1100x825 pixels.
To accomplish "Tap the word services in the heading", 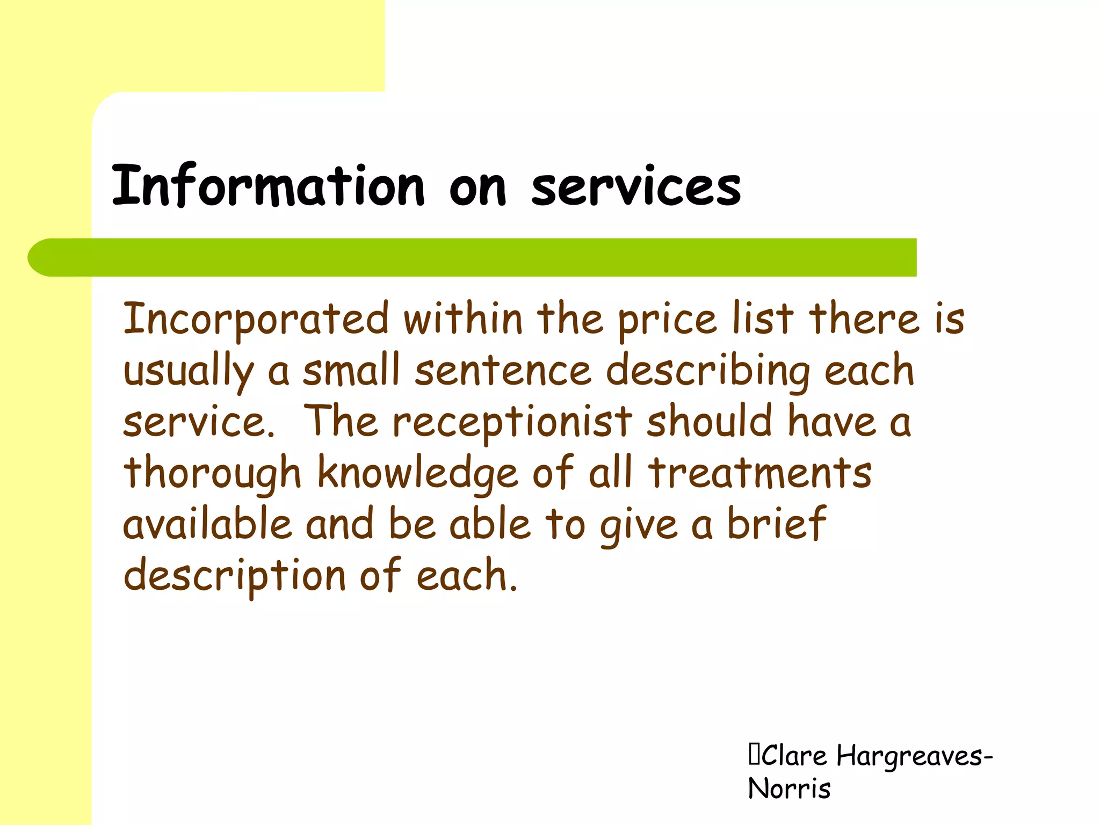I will (x=636, y=186).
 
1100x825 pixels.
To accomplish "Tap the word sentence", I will (x=503, y=371).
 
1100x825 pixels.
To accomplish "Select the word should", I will (x=709, y=421).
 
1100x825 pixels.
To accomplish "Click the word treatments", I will (x=759, y=473).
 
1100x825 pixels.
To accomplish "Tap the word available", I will (x=207, y=524).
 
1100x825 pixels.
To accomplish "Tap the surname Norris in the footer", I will (x=789, y=789).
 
